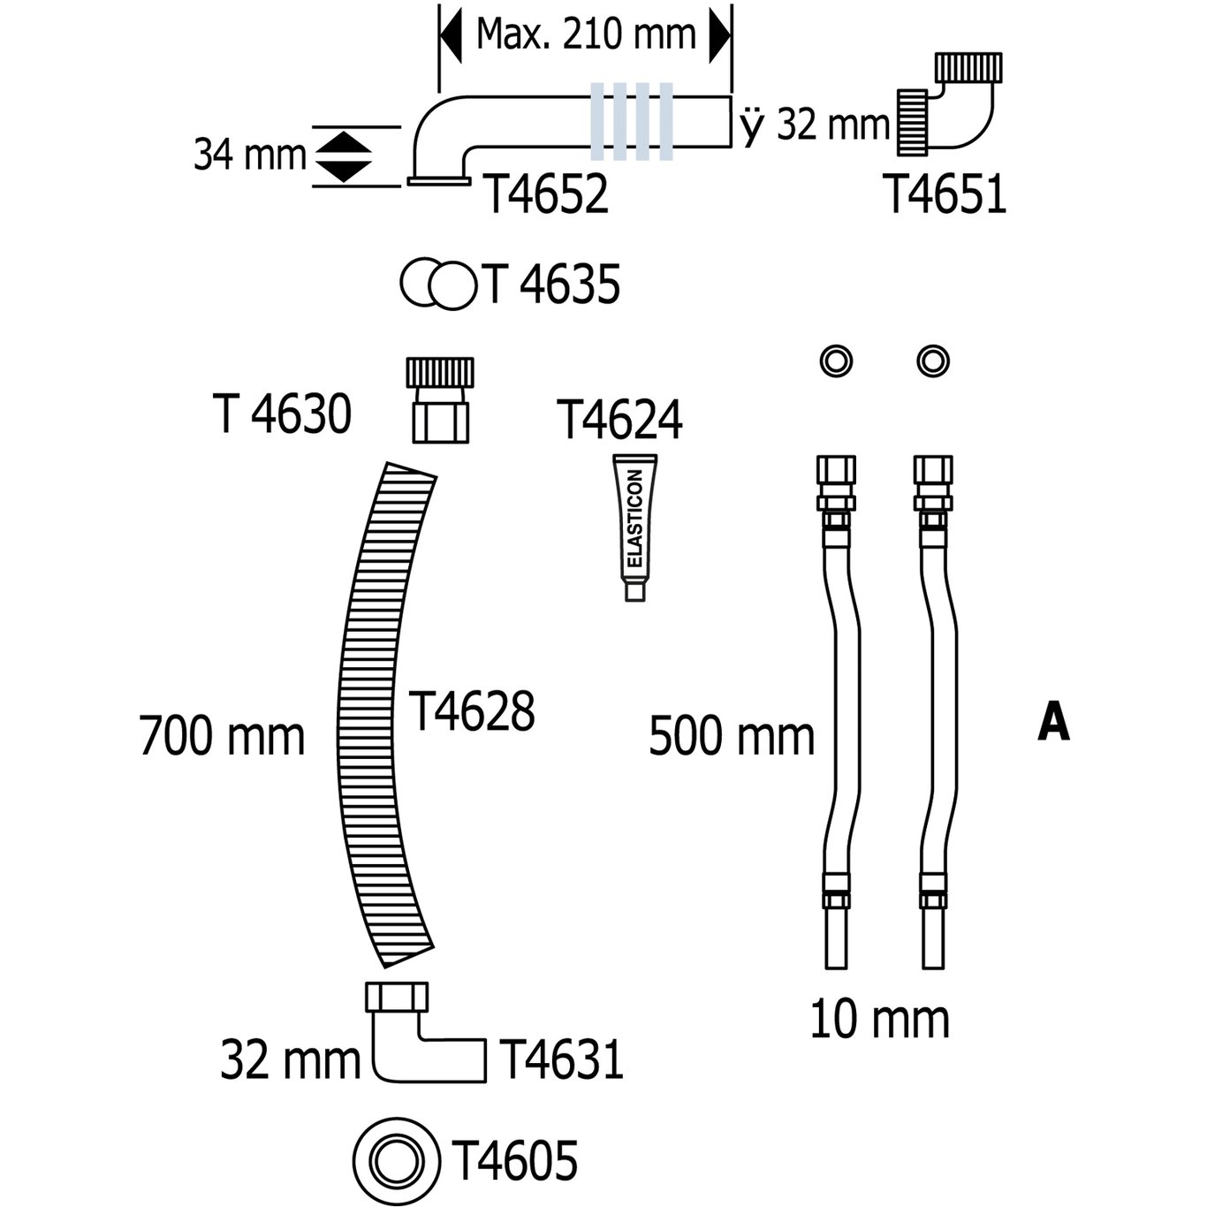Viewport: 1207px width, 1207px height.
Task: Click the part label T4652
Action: point(547,194)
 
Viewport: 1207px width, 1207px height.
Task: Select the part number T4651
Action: point(945,194)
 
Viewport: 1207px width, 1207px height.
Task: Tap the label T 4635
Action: point(551,285)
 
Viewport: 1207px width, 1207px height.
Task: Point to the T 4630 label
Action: point(282,414)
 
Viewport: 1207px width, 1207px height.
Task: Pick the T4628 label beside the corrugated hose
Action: point(472,711)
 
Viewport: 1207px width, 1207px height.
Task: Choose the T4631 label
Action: point(562,1059)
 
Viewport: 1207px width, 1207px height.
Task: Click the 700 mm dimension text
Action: point(222,736)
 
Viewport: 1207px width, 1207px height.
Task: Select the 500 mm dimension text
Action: point(732,736)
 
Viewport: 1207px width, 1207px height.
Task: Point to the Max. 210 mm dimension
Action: point(586,35)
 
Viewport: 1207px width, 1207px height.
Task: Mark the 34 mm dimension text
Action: point(249,156)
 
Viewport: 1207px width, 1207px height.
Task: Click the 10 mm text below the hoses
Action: point(879,1019)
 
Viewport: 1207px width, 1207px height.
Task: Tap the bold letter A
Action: point(1053,723)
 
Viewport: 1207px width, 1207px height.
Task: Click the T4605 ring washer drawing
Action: point(396,1162)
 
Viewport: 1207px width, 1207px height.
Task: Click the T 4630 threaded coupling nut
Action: point(440,399)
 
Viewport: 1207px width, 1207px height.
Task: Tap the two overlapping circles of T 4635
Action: point(438,285)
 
